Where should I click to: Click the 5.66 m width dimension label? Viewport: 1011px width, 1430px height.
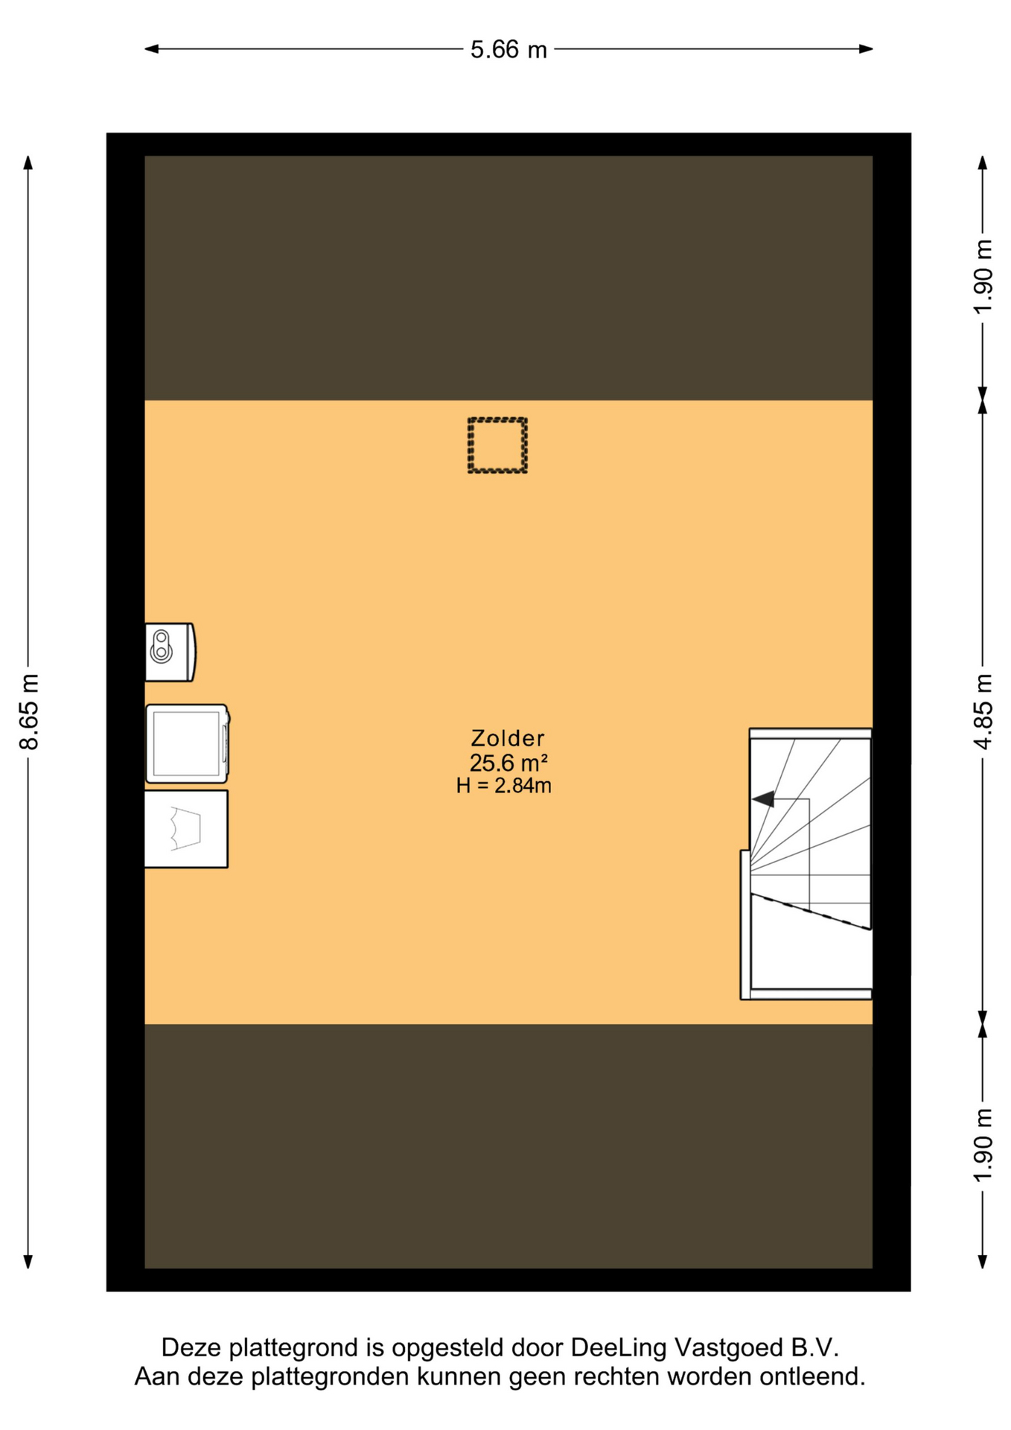[508, 50]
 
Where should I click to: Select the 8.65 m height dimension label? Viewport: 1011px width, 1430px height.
[29, 711]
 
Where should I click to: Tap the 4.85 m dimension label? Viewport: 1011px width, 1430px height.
[983, 711]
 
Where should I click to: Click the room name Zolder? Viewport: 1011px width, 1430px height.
[508, 738]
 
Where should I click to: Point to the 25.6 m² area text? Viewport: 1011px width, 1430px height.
[508, 763]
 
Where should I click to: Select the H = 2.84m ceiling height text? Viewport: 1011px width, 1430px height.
[504, 786]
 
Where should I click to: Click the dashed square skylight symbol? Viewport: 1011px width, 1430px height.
[497, 445]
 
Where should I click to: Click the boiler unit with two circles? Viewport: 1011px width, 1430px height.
[170, 652]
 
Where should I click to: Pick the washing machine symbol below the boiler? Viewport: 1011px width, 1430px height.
[188, 743]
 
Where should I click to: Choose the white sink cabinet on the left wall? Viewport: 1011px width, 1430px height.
[186, 829]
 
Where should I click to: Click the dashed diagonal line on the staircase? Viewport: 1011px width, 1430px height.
[811, 912]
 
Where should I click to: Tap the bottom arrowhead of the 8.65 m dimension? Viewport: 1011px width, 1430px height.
[28, 1261]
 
